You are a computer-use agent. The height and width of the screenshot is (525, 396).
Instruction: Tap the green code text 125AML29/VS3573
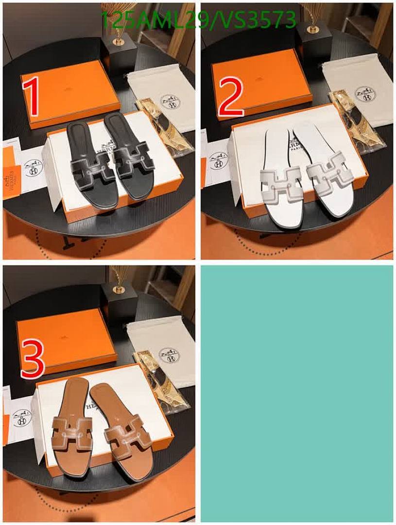[x=198, y=20]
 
